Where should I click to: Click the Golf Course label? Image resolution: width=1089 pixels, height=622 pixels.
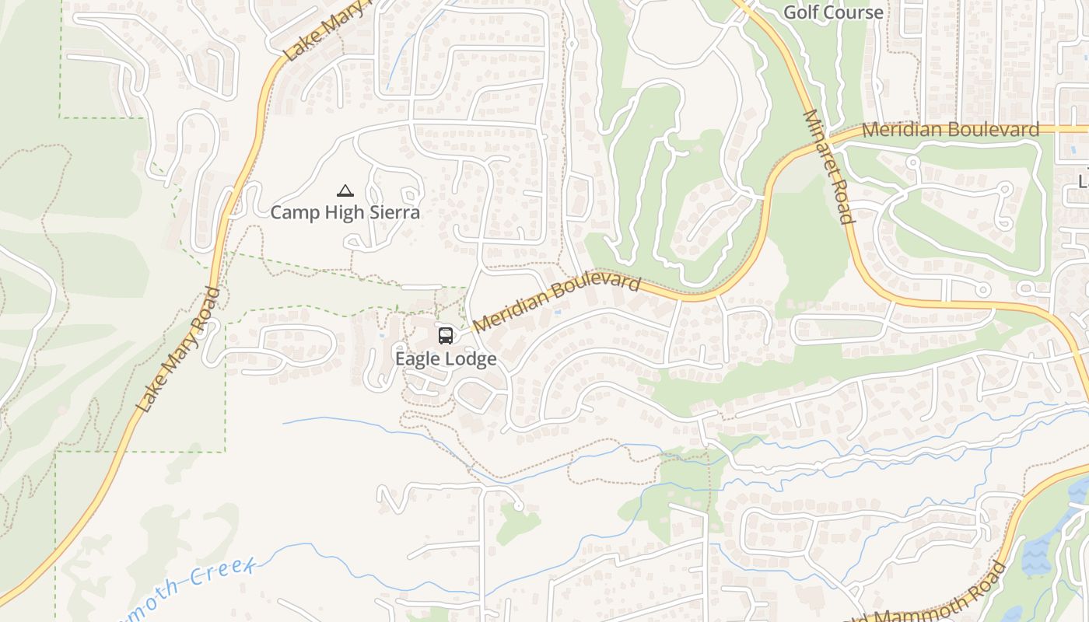click(x=833, y=12)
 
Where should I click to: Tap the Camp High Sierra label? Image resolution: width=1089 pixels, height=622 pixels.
click(x=345, y=211)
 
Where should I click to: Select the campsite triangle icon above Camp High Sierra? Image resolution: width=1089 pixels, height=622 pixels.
click(x=345, y=190)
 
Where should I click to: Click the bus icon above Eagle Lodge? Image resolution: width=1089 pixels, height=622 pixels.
click(x=445, y=336)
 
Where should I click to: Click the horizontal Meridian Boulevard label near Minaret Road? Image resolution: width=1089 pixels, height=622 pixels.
click(x=951, y=130)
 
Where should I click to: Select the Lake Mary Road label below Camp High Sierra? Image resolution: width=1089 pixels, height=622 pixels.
click(x=179, y=350)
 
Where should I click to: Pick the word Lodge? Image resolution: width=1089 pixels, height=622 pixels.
click(x=471, y=358)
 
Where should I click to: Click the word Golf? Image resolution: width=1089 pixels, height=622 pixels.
click(x=800, y=12)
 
